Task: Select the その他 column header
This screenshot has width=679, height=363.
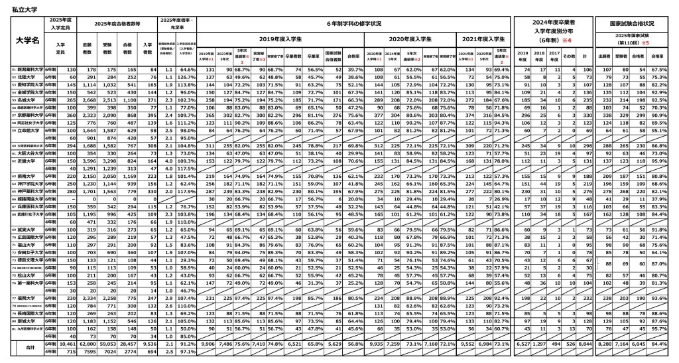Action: (x=568, y=56)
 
